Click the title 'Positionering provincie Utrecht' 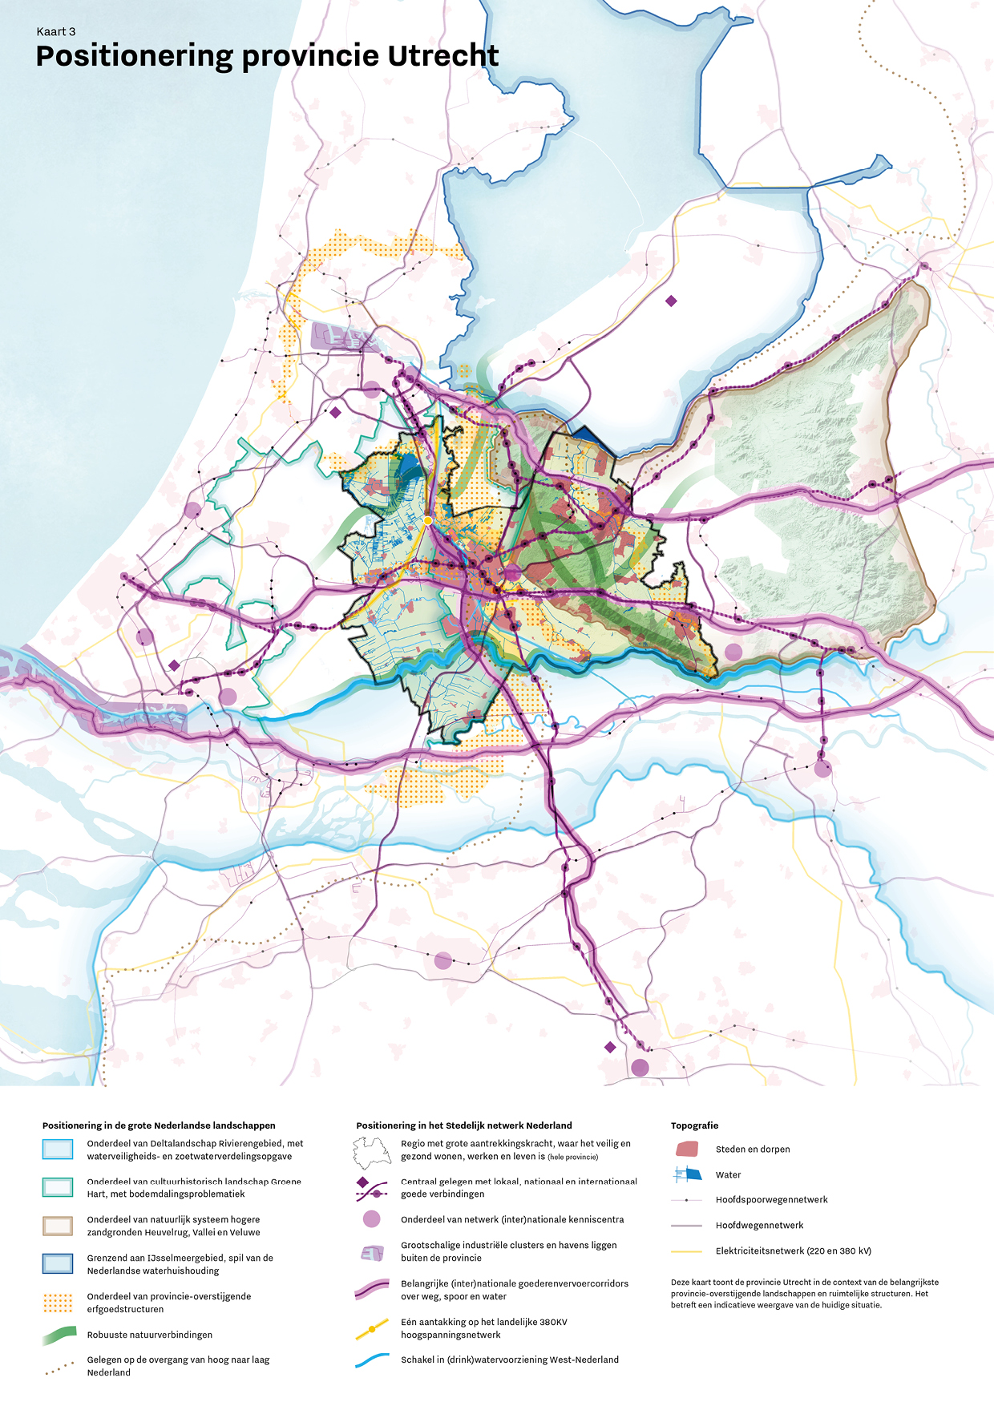(x=267, y=56)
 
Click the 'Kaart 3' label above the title (x=56, y=32)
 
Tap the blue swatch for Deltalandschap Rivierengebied (x=58, y=1149)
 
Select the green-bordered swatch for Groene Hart (x=58, y=1187)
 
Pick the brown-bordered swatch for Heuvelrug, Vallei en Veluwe (x=58, y=1226)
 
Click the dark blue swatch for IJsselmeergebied (x=58, y=1264)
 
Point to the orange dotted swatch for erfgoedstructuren (x=58, y=1303)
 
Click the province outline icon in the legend (x=372, y=1153)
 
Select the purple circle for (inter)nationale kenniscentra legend (x=371, y=1219)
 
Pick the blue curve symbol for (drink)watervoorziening (x=372, y=1360)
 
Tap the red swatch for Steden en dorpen (x=687, y=1149)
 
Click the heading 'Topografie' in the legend (x=694, y=1125)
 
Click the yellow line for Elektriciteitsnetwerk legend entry (x=686, y=1251)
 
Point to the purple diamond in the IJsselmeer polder (x=671, y=301)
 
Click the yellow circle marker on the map (x=428, y=521)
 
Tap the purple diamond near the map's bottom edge (x=610, y=1047)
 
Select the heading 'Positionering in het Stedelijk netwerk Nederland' (x=464, y=1125)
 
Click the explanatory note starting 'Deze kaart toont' (x=804, y=1293)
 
